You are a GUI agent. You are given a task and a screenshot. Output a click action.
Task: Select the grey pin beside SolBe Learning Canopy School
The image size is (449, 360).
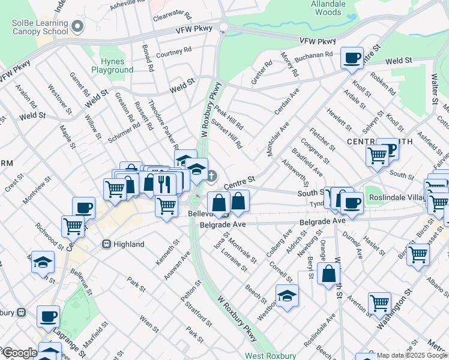point(77,27)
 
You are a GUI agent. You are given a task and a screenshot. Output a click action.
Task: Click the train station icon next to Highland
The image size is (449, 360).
point(106,244)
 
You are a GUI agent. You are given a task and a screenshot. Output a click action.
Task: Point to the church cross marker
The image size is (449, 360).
point(211,175)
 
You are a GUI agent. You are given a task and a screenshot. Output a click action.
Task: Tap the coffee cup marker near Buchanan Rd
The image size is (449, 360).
point(352,58)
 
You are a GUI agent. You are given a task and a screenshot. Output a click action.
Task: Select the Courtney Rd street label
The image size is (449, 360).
point(173,53)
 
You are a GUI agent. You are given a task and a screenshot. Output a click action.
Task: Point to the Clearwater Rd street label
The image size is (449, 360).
point(172,16)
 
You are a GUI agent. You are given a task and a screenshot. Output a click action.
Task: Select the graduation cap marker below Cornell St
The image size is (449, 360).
point(287,295)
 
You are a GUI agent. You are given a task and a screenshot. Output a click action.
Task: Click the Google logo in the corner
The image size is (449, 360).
point(19,353)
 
